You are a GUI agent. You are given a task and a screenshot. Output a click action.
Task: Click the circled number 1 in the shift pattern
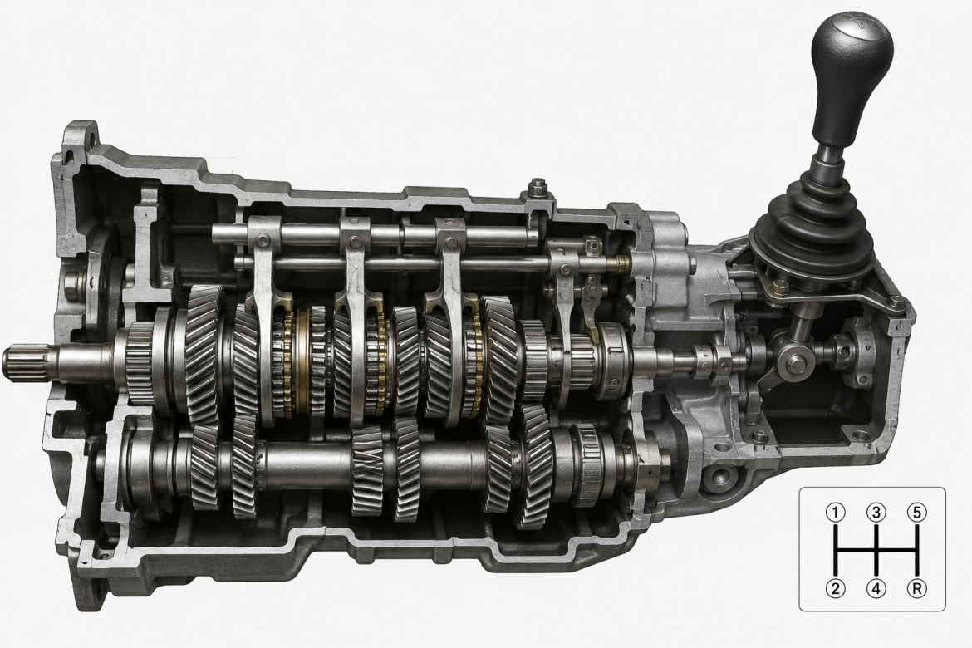coord(836,513)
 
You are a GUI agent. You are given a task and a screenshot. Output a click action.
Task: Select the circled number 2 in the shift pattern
coord(836,588)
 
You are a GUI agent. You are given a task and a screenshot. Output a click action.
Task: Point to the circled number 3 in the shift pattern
coord(876,513)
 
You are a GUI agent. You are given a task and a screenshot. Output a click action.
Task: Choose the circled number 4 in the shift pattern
coord(876,588)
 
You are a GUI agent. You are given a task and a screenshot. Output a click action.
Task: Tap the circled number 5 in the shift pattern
coord(917,513)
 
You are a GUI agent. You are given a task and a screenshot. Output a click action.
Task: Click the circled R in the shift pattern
coord(917,588)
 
